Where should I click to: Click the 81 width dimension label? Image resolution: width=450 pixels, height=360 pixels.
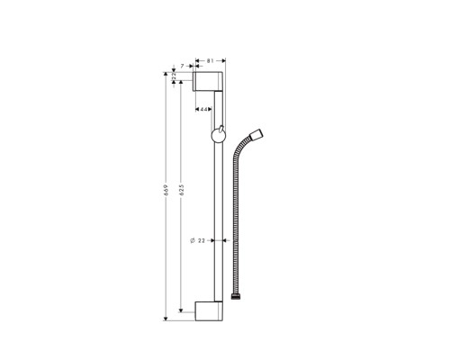coord(210,61)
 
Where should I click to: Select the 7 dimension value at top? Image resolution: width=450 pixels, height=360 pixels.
coord(182,67)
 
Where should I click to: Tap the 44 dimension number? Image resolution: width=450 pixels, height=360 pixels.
coord(203,109)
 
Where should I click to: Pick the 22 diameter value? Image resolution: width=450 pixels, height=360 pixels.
coord(202,240)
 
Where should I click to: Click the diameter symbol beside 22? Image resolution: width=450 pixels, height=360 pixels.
coord(190,240)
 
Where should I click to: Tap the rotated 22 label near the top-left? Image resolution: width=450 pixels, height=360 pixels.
coord(175,78)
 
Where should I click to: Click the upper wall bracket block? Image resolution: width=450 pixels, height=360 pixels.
coord(210,83)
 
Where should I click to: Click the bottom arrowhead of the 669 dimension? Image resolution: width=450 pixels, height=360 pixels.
coord(166,316)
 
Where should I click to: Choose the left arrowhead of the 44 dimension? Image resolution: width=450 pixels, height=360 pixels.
coord(198,109)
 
